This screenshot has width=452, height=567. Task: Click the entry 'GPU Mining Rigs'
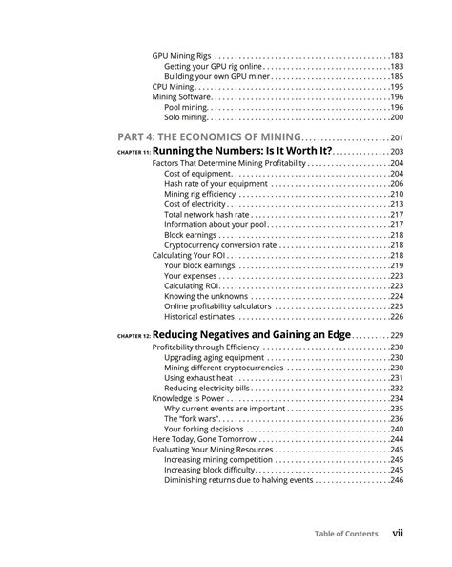point(182,56)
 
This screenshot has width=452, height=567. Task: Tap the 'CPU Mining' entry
point(173,87)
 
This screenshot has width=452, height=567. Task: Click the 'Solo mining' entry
point(185,117)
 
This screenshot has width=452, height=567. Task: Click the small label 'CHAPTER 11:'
point(134,153)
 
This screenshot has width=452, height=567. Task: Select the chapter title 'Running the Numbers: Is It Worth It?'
point(243,151)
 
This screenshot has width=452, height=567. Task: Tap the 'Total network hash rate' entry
point(205,215)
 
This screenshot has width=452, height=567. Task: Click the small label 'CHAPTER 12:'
point(134,337)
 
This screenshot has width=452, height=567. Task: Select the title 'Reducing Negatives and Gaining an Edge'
point(252,335)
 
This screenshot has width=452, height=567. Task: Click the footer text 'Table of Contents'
point(345,534)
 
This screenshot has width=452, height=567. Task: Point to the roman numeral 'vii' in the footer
point(399,534)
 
